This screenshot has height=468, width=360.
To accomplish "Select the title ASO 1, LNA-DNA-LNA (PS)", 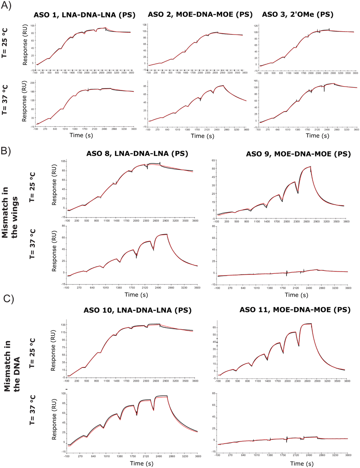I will click(x=84, y=15).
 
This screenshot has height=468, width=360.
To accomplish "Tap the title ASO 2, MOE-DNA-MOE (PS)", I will click(x=200, y=15).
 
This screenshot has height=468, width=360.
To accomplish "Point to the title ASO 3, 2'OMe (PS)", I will click(x=298, y=15).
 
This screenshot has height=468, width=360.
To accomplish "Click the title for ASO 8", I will click(x=137, y=154).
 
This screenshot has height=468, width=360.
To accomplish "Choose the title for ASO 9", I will click(x=298, y=154).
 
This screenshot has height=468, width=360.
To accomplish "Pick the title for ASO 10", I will click(x=137, y=310).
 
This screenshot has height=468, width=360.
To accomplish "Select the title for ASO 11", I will click(x=295, y=310).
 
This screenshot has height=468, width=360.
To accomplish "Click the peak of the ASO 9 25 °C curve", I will click(x=310, y=167).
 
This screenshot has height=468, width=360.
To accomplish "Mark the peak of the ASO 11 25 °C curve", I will click(x=310, y=324).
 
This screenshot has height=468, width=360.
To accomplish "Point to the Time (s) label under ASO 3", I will click(x=313, y=135).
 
